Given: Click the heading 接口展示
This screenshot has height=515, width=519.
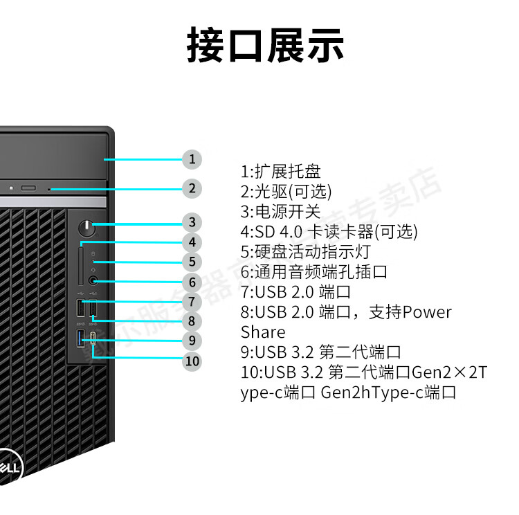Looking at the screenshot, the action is [265, 46].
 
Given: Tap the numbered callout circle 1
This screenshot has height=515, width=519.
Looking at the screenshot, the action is [192, 159].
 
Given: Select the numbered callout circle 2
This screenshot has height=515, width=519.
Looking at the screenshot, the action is [192, 188].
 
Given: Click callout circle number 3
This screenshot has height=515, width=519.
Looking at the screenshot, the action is [192, 222].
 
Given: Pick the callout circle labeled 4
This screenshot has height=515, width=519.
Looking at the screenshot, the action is [192, 242].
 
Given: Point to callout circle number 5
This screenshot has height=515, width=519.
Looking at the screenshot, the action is [192, 262].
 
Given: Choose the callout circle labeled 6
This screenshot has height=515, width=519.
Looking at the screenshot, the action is [192, 282].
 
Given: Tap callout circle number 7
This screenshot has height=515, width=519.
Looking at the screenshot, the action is [192, 302].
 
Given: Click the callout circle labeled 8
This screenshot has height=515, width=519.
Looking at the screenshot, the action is [192, 321].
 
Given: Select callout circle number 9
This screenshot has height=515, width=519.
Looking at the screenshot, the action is [192, 341].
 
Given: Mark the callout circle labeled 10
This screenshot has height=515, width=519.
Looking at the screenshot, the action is [192, 361].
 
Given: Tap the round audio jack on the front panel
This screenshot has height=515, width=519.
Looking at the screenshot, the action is [94, 281].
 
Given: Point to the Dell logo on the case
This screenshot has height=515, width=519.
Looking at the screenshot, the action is [10, 467].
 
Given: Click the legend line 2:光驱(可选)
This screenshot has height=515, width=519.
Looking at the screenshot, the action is [286, 191].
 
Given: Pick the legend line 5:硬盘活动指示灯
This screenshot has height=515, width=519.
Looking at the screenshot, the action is [305, 251].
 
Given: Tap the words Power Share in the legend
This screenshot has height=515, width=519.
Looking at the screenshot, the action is [346, 322].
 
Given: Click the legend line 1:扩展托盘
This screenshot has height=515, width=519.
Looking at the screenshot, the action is [280, 171].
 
